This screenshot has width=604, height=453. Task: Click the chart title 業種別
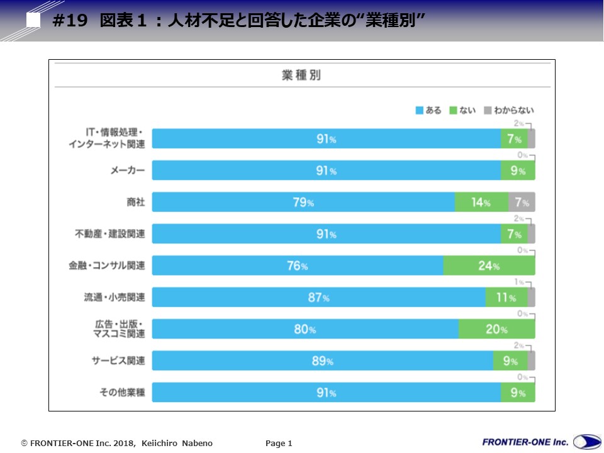(x=301, y=75)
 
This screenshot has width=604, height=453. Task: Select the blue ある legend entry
(x=428, y=111)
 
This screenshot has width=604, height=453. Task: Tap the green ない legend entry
(x=462, y=111)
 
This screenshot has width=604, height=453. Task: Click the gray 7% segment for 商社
(x=522, y=203)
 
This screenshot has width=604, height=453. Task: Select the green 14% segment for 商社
(x=481, y=203)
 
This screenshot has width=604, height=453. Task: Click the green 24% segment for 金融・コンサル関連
(x=489, y=266)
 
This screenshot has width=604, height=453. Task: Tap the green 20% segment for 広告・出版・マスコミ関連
(x=496, y=329)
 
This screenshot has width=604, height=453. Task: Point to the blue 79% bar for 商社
(x=303, y=203)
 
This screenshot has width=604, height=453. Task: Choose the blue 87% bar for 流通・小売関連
(x=318, y=298)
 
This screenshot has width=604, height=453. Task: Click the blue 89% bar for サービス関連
(x=322, y=361)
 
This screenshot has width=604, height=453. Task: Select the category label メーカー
(x=128, y=171)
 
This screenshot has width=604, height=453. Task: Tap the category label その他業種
(x=122, y=393)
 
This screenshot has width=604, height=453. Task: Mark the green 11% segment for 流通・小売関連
(x=506, y=298)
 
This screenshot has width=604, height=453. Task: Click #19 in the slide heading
(x=70, y=21)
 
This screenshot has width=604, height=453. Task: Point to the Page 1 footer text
(x=279, y=444)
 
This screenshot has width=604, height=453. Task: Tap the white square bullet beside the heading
(x=33, y=20)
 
